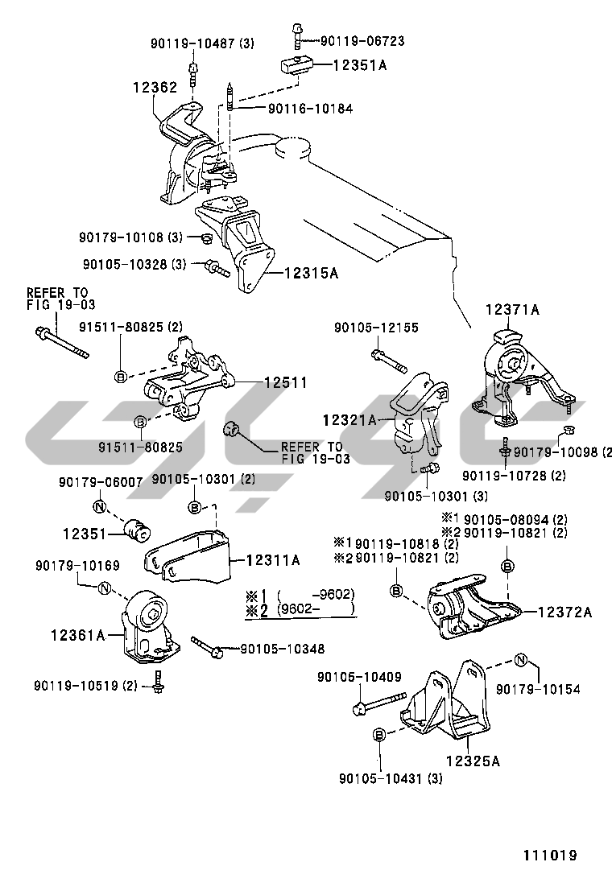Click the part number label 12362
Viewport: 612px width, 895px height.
coord(155,86)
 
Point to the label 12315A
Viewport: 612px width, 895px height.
coord(310,273)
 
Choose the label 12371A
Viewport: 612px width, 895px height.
coord(511,309)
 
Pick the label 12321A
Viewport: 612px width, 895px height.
coord(350,419)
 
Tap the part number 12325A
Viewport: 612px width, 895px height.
coord(473,759)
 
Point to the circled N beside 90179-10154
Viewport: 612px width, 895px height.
coord(521,662)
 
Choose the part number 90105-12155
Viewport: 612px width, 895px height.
coord(377,328)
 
